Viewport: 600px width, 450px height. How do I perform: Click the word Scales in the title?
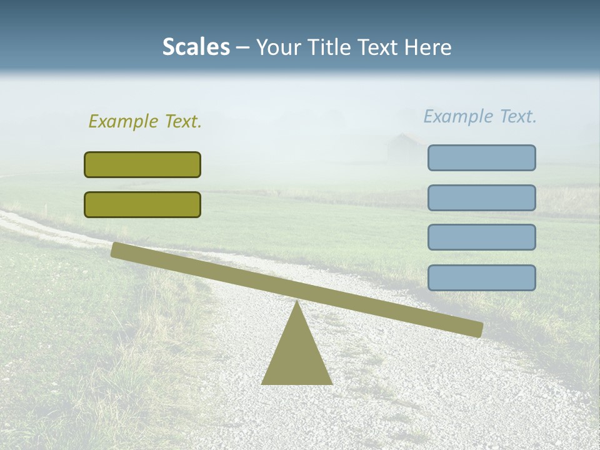coord(196,47)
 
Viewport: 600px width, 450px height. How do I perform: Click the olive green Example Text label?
coord(145,121)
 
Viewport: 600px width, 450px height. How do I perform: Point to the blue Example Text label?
coord(480,116)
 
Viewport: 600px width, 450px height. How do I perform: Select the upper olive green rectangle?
coord(142,164)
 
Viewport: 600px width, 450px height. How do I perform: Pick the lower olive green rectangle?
coord(142,204)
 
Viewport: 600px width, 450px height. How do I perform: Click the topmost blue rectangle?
coord(481,157)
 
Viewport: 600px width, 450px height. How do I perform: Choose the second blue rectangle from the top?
coord(481,197)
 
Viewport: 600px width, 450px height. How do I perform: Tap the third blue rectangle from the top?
coord(481,237)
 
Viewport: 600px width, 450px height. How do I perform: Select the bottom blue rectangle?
coord(481,277)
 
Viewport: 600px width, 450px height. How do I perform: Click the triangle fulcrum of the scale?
coord(296,356)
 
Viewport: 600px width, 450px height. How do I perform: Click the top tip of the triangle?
coord(296,302)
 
